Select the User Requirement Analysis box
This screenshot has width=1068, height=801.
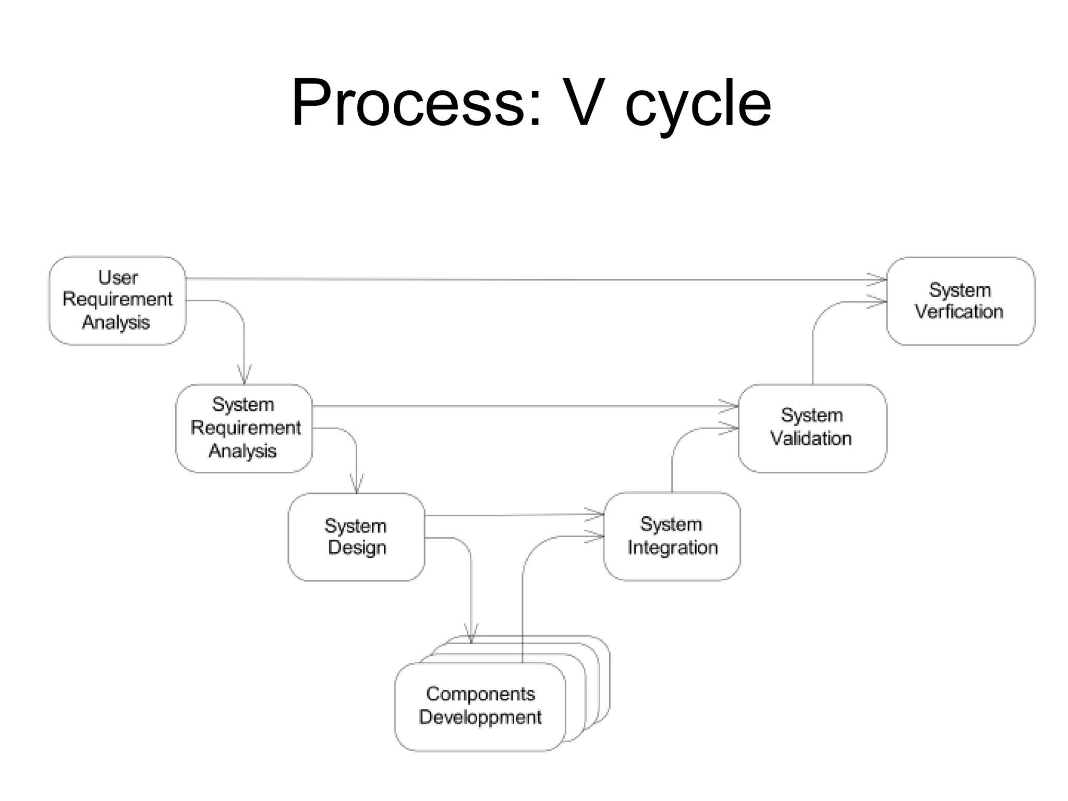[117, 300]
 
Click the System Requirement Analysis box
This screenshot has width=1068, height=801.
[244, 428]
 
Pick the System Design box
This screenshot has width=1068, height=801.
[356, 537]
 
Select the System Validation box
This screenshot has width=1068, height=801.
[812, 428]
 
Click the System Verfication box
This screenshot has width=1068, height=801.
[960, 301]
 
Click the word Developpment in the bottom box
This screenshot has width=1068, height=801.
[480, 717]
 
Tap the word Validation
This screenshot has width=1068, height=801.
[811, 439]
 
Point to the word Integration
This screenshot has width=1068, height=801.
[672, 548]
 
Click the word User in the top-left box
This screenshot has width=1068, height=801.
[118, 277]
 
